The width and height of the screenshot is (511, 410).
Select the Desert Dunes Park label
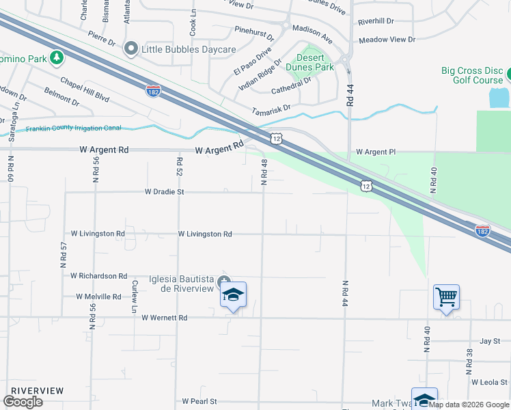coord(315,63)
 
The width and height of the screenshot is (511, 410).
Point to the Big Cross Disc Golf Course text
coord(471,75)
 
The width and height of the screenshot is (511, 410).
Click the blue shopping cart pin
coord(446,297)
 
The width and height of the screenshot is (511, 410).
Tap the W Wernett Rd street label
coord(164,318)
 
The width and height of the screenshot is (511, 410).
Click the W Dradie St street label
coord(165,193)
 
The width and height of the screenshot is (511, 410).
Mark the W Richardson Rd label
coord(99,276)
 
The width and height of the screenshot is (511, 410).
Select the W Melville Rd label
coord(98,297)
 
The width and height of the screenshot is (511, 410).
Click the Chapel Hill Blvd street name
coord(85,89)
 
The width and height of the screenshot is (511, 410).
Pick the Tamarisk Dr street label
coord(271,108)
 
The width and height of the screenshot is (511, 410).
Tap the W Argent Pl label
coord(376,152)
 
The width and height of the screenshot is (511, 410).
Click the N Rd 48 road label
coord(264,171)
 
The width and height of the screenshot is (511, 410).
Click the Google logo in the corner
coord(23,402)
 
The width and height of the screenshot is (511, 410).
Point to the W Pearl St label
coord(199,402)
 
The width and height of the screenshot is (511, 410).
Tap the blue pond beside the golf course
coord(499,97)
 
